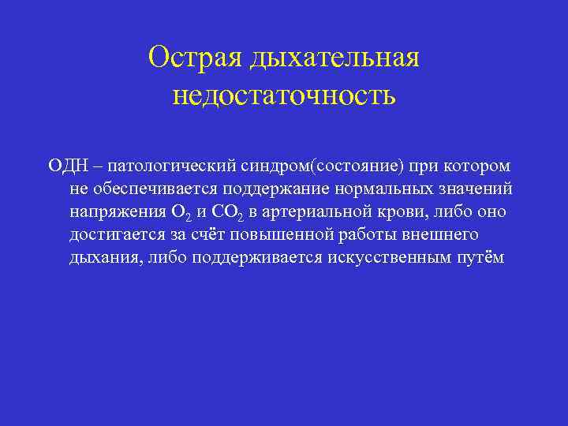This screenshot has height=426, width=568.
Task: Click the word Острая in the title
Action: click(195, 58)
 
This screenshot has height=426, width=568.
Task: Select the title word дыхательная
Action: click(334, 58)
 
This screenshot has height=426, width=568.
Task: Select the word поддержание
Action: click(277, 189)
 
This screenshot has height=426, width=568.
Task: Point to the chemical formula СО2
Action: click(227, 213)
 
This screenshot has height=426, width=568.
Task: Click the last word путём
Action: click(481, 258)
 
